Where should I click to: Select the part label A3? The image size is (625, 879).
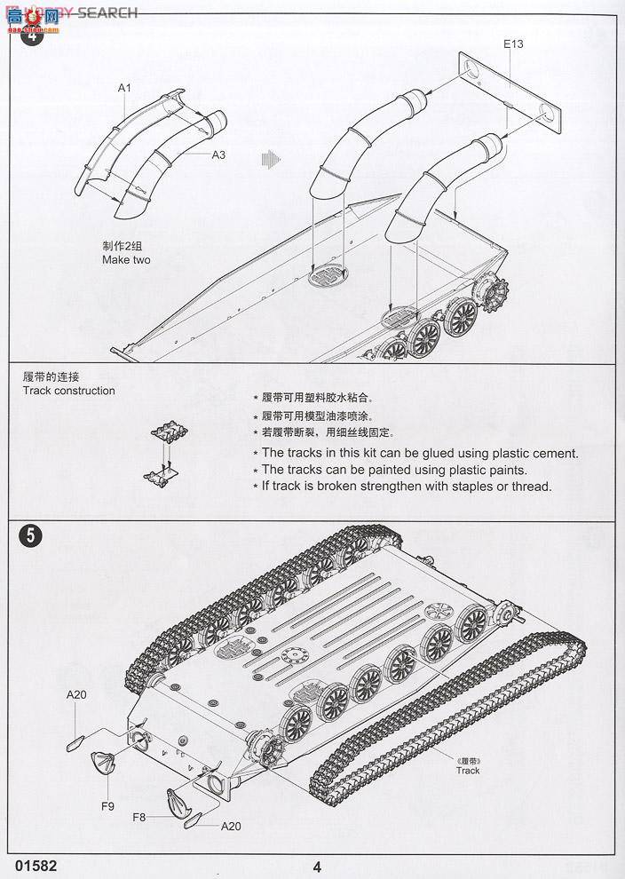point(218,154)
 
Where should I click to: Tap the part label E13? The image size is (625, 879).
point(514,44)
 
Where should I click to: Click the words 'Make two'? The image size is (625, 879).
point(126,260)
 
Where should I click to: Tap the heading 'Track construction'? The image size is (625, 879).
point(69,391)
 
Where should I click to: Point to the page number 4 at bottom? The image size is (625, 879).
point(317,867)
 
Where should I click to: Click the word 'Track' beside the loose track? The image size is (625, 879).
point(468,771)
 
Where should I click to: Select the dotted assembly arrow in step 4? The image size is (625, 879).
point(271,159)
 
